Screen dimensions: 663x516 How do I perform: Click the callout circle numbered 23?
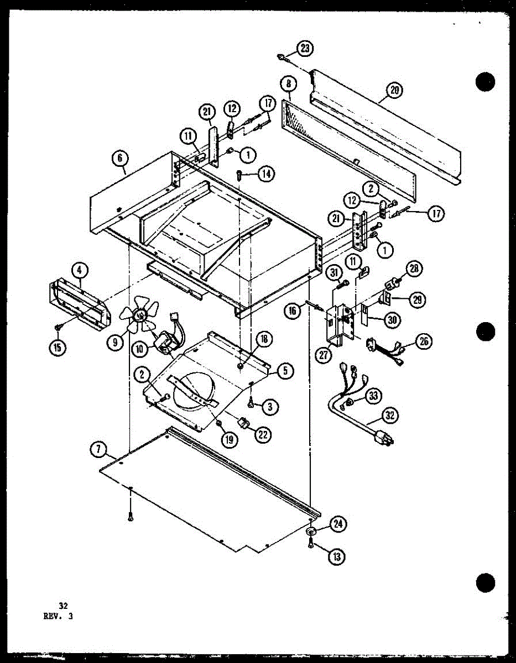pos(304,49)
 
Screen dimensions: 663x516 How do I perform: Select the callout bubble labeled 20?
pos(394,91)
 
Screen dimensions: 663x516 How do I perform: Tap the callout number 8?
pos(288,85)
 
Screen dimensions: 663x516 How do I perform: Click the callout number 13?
pos(335,556)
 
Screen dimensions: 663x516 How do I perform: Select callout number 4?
pos(80,270)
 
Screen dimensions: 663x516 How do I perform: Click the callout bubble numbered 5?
pos(285,370)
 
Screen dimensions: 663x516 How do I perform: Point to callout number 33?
pos(374,395)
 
